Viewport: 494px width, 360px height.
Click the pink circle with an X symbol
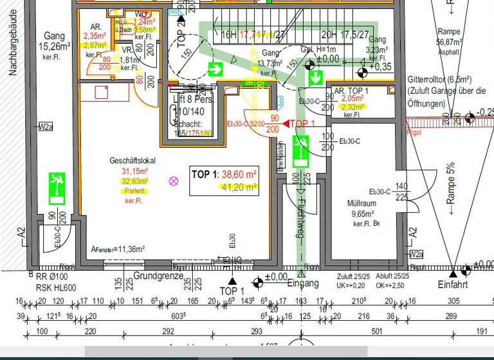pos(173,181)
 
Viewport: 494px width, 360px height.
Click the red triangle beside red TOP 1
pos(286,123)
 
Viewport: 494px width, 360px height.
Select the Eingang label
pos(302,283)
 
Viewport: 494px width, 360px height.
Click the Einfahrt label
pos(453,285)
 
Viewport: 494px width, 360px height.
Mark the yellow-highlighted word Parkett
pos(134,192)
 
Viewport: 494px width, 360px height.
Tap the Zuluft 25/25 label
pos(352,276)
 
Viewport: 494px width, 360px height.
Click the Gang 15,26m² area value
pos(55,46)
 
